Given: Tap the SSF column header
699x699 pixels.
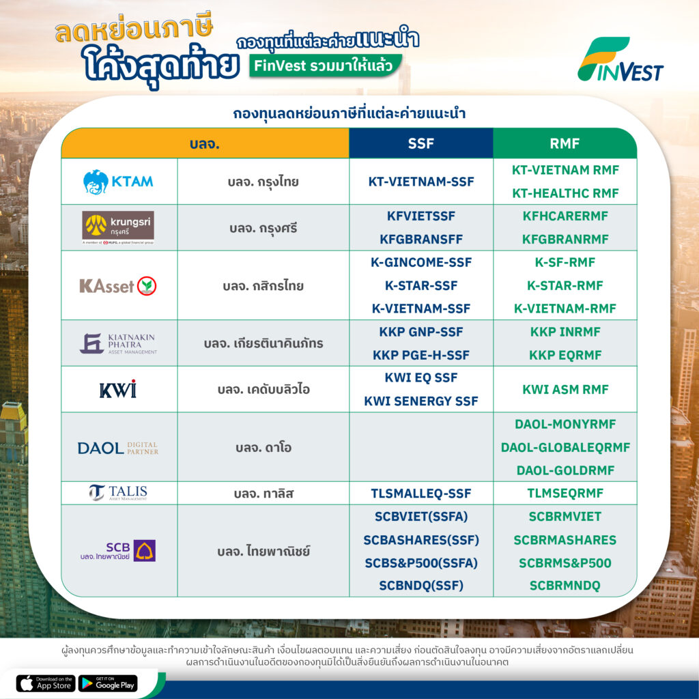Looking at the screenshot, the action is pos(420,143).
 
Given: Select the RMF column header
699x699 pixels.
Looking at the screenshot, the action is pos(565,143).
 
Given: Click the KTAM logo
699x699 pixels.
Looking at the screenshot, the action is pos(118,182).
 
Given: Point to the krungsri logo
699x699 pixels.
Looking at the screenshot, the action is pos(118,227).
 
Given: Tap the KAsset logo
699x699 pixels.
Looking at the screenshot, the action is pos(117,286).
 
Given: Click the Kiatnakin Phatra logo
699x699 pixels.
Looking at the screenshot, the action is pos(119,343).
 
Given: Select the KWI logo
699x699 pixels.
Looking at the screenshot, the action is pos(118,389).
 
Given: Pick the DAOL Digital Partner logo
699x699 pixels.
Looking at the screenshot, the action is pos(118,448).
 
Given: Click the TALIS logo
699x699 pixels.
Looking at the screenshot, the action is pos(118,492).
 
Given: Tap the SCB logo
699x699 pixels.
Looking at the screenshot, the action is pos(118,551).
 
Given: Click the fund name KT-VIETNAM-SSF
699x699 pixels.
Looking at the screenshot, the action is pos(420,182).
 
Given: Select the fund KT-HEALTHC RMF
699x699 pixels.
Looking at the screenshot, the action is pos(565,193).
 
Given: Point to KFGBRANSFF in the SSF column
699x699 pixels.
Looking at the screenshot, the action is pos(420,240).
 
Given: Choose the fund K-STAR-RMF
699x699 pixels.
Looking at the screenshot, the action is pos(565,285).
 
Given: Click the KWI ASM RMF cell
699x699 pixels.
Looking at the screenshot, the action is pos(565,389).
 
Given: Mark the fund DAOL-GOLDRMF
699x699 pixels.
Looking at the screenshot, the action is pos(565,470).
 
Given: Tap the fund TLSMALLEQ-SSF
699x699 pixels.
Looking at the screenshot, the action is pos(420,494).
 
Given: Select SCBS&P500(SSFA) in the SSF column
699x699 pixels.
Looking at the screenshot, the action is pos(420,563).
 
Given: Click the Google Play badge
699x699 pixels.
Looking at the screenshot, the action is pos(108,683).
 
